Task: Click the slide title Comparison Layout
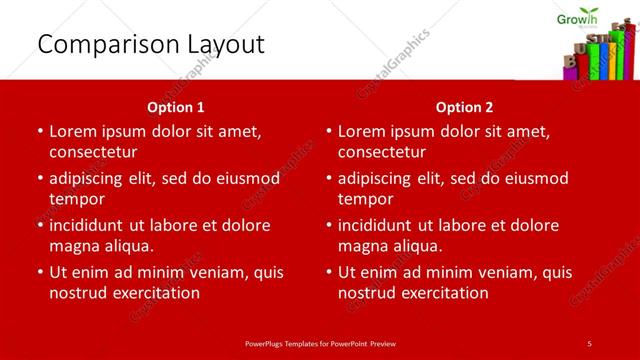coord(150,44)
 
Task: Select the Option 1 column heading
coord(175,107)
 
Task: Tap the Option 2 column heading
coord(464,107)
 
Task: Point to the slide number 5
coord(590,343)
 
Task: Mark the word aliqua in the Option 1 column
coord(127,246)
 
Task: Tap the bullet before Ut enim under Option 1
coord(39,272)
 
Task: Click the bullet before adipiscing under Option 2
coord(328,179)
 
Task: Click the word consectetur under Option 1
coord(92,152)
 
